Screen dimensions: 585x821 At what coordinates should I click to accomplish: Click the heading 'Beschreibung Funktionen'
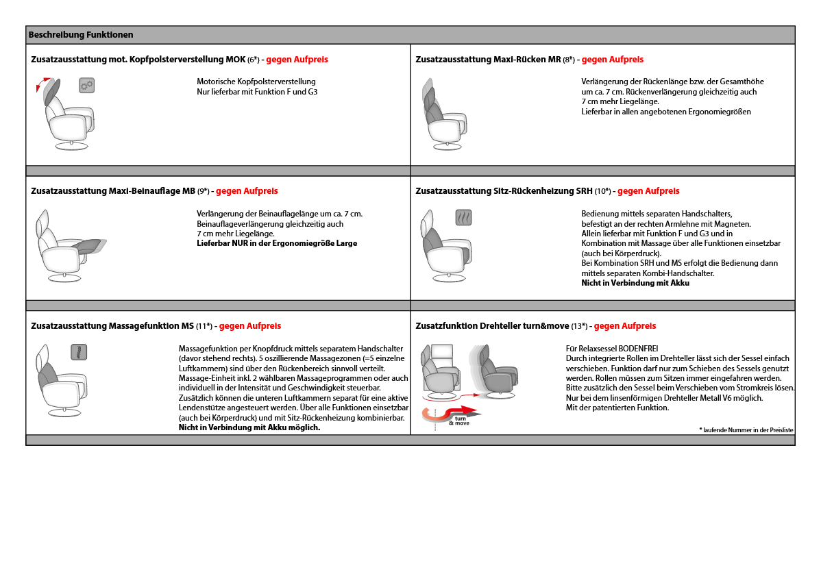click(x=81, y=35)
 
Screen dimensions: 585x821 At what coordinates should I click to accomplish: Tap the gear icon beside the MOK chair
click(x=86, y=85)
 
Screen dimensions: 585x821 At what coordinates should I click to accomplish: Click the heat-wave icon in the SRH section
click(x=464, y=217)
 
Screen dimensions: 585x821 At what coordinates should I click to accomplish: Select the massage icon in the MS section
click(x=79, y=352)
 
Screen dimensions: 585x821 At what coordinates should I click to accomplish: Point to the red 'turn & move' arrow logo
click(x=453, y=415)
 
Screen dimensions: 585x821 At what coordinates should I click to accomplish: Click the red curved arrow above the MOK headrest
click(x=40, y=86)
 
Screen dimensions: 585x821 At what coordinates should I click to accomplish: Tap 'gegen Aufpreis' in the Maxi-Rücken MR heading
click(x=612, y=60)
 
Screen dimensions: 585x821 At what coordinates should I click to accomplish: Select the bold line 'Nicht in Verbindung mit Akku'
click(x=635, y=283)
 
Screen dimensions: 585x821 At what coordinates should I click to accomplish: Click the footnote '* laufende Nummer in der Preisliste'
click(x=746, y=430)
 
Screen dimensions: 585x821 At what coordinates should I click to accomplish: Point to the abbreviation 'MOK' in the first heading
click(x=235, y=60)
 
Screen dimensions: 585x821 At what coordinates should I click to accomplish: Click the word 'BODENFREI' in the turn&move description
click(x=639, y=349)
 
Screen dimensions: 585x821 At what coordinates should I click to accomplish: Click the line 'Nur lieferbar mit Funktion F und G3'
click(x=257, y=92)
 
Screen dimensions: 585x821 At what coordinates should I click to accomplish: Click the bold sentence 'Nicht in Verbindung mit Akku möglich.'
click(x=249, y=427)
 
